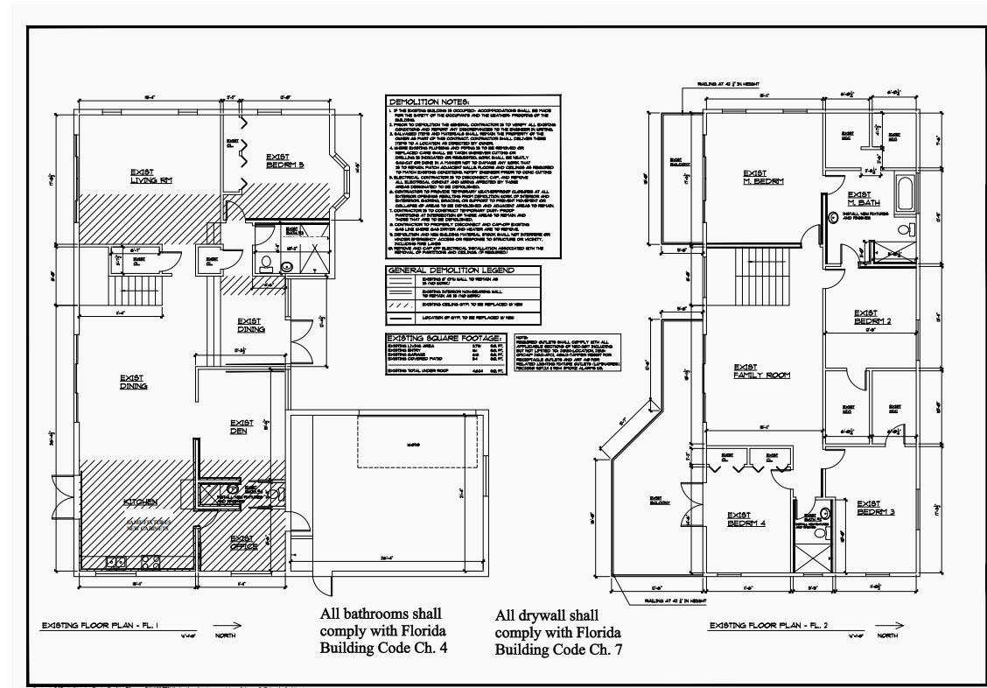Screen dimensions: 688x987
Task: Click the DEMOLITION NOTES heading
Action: [x=429, y=102]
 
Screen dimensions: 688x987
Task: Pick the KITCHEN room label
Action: [x=141, y=502]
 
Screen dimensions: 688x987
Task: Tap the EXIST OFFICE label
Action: [x=242, y=543]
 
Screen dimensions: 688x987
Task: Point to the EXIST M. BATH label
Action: [x=864, y=199]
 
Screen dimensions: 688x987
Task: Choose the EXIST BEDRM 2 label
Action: [x=871, y=316]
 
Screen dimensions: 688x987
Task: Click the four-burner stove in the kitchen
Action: [x=150, y=564]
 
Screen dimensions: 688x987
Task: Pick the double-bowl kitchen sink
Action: [x=115, y=562]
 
